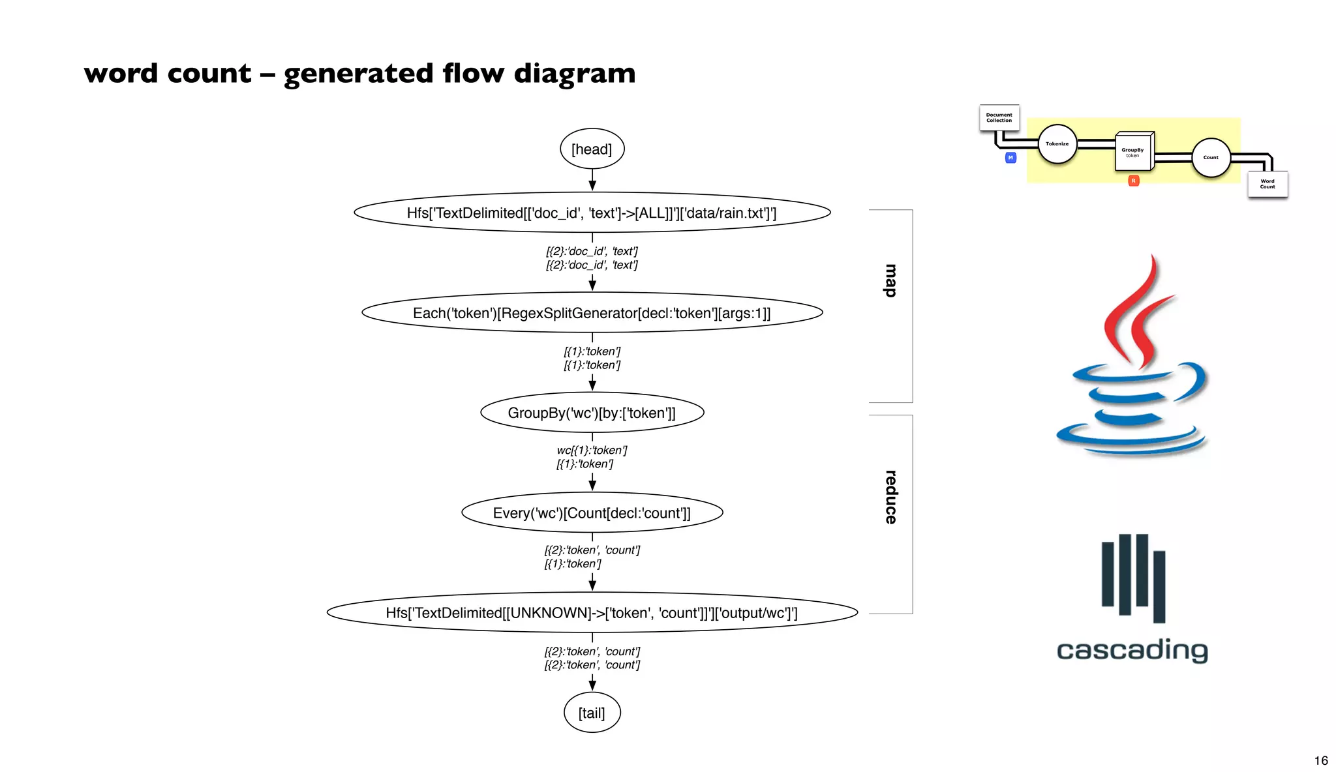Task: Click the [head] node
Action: (x=592, y=149)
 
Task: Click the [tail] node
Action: (x=592, y=713)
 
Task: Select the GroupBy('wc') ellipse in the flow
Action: (x=592, y=413)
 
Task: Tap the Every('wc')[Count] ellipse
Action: (x=592, y=513)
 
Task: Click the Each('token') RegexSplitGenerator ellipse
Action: (x=592, y=313)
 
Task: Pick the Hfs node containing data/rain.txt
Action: (x=592, y=213)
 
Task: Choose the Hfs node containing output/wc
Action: (x=592, y=613)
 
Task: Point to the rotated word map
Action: (x=890, y=281)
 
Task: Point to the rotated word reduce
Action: (x=890, y=497)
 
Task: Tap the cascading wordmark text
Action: (x=1132, y=651)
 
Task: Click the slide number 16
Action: (x=1321, y=760)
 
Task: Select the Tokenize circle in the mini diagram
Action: (x=1057, y=144)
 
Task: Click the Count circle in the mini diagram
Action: (x=1211, y=158)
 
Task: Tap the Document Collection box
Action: (x=999, y=118)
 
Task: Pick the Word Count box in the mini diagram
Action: (x=1267, y=185)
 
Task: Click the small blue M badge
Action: (x=1010, y=158)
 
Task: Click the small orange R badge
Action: (x=1133, y=181)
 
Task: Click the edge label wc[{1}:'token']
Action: (x=592, y=450)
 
